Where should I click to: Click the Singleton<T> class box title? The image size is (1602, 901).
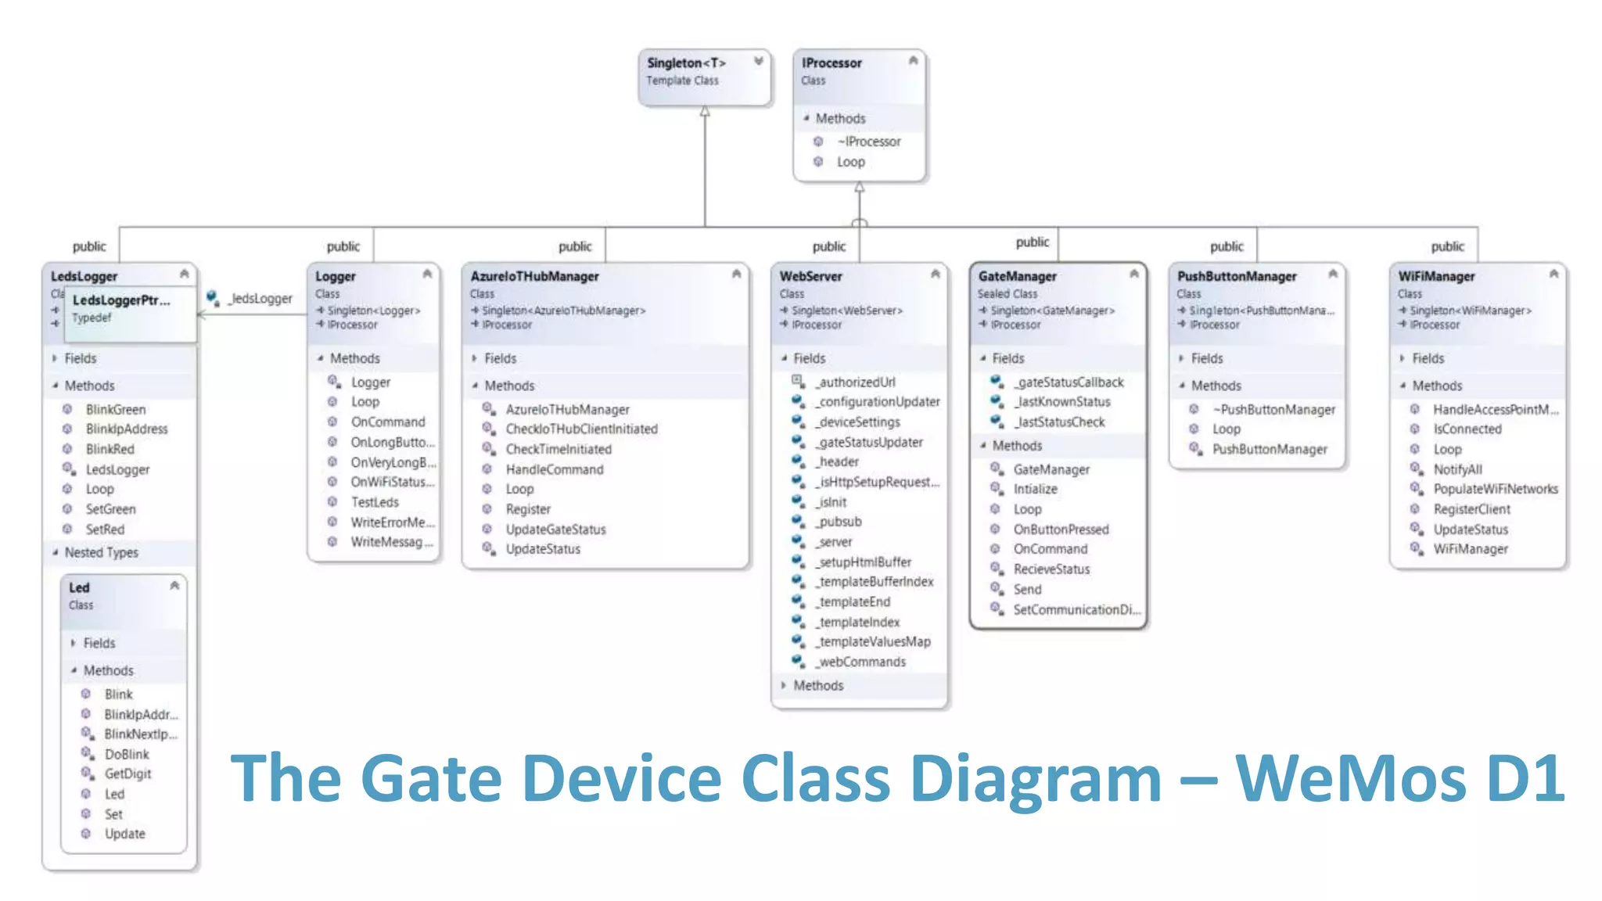pos(685,63)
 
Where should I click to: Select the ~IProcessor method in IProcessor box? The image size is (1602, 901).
pos(868,142)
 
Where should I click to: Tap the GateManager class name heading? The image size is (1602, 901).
pos(1017,276)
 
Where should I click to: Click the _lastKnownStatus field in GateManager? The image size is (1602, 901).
pos(1062,402)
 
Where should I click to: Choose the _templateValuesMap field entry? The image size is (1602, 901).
pos(874,642)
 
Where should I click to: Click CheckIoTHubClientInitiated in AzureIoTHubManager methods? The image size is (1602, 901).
pos(581,429)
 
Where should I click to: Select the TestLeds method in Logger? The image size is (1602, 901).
pos(375,502)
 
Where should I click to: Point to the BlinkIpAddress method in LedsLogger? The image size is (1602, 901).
pos(127,429)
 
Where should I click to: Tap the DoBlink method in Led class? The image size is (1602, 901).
pos(127,755)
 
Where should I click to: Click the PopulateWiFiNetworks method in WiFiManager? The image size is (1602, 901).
pos(1495,490)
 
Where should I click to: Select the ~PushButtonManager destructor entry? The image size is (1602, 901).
pos(1273,410)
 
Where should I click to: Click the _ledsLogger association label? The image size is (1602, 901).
pos(260,299)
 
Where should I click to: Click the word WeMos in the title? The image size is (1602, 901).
pos(1350,779)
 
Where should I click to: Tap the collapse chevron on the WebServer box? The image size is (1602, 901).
pos(935,274)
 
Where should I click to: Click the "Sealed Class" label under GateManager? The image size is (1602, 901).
pos(1007,294)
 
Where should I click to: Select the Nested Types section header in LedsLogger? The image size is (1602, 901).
pos(101,553)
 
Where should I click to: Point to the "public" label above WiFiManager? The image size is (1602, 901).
pos(1447,246)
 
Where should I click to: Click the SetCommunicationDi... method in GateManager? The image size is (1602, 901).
pos(1076,610)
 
